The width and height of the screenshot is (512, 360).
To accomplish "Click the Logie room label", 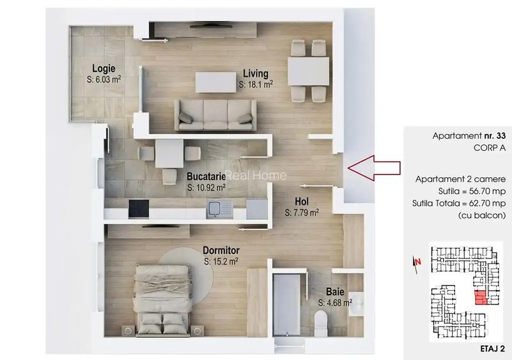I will (103, 68).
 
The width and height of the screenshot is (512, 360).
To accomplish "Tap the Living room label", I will (255, 73).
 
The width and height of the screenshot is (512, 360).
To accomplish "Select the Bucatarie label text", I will (206, 176).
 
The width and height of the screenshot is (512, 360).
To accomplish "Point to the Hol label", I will (302, 200).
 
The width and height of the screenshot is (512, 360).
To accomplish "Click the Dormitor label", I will (221, 250).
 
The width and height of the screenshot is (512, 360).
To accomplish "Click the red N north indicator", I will (417, 260).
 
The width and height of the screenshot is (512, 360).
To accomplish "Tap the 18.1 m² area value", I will (261, 84).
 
